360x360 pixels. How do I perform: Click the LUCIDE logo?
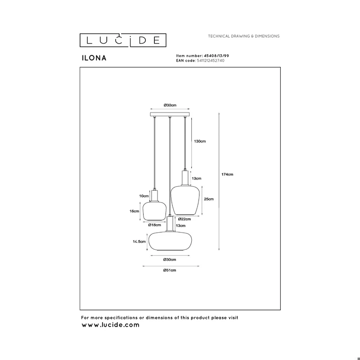[123, 40]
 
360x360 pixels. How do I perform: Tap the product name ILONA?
[94, 58]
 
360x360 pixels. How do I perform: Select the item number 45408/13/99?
[216, 55]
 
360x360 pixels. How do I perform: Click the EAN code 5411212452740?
[211, 61]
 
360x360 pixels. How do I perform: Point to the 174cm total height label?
[227, 174]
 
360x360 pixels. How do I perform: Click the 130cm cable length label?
[200, 141]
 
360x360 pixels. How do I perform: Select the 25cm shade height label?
[209, 199]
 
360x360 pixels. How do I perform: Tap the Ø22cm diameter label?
[184, 219]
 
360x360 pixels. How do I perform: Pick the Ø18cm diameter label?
[154, 225]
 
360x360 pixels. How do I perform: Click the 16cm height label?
[134, 211]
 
